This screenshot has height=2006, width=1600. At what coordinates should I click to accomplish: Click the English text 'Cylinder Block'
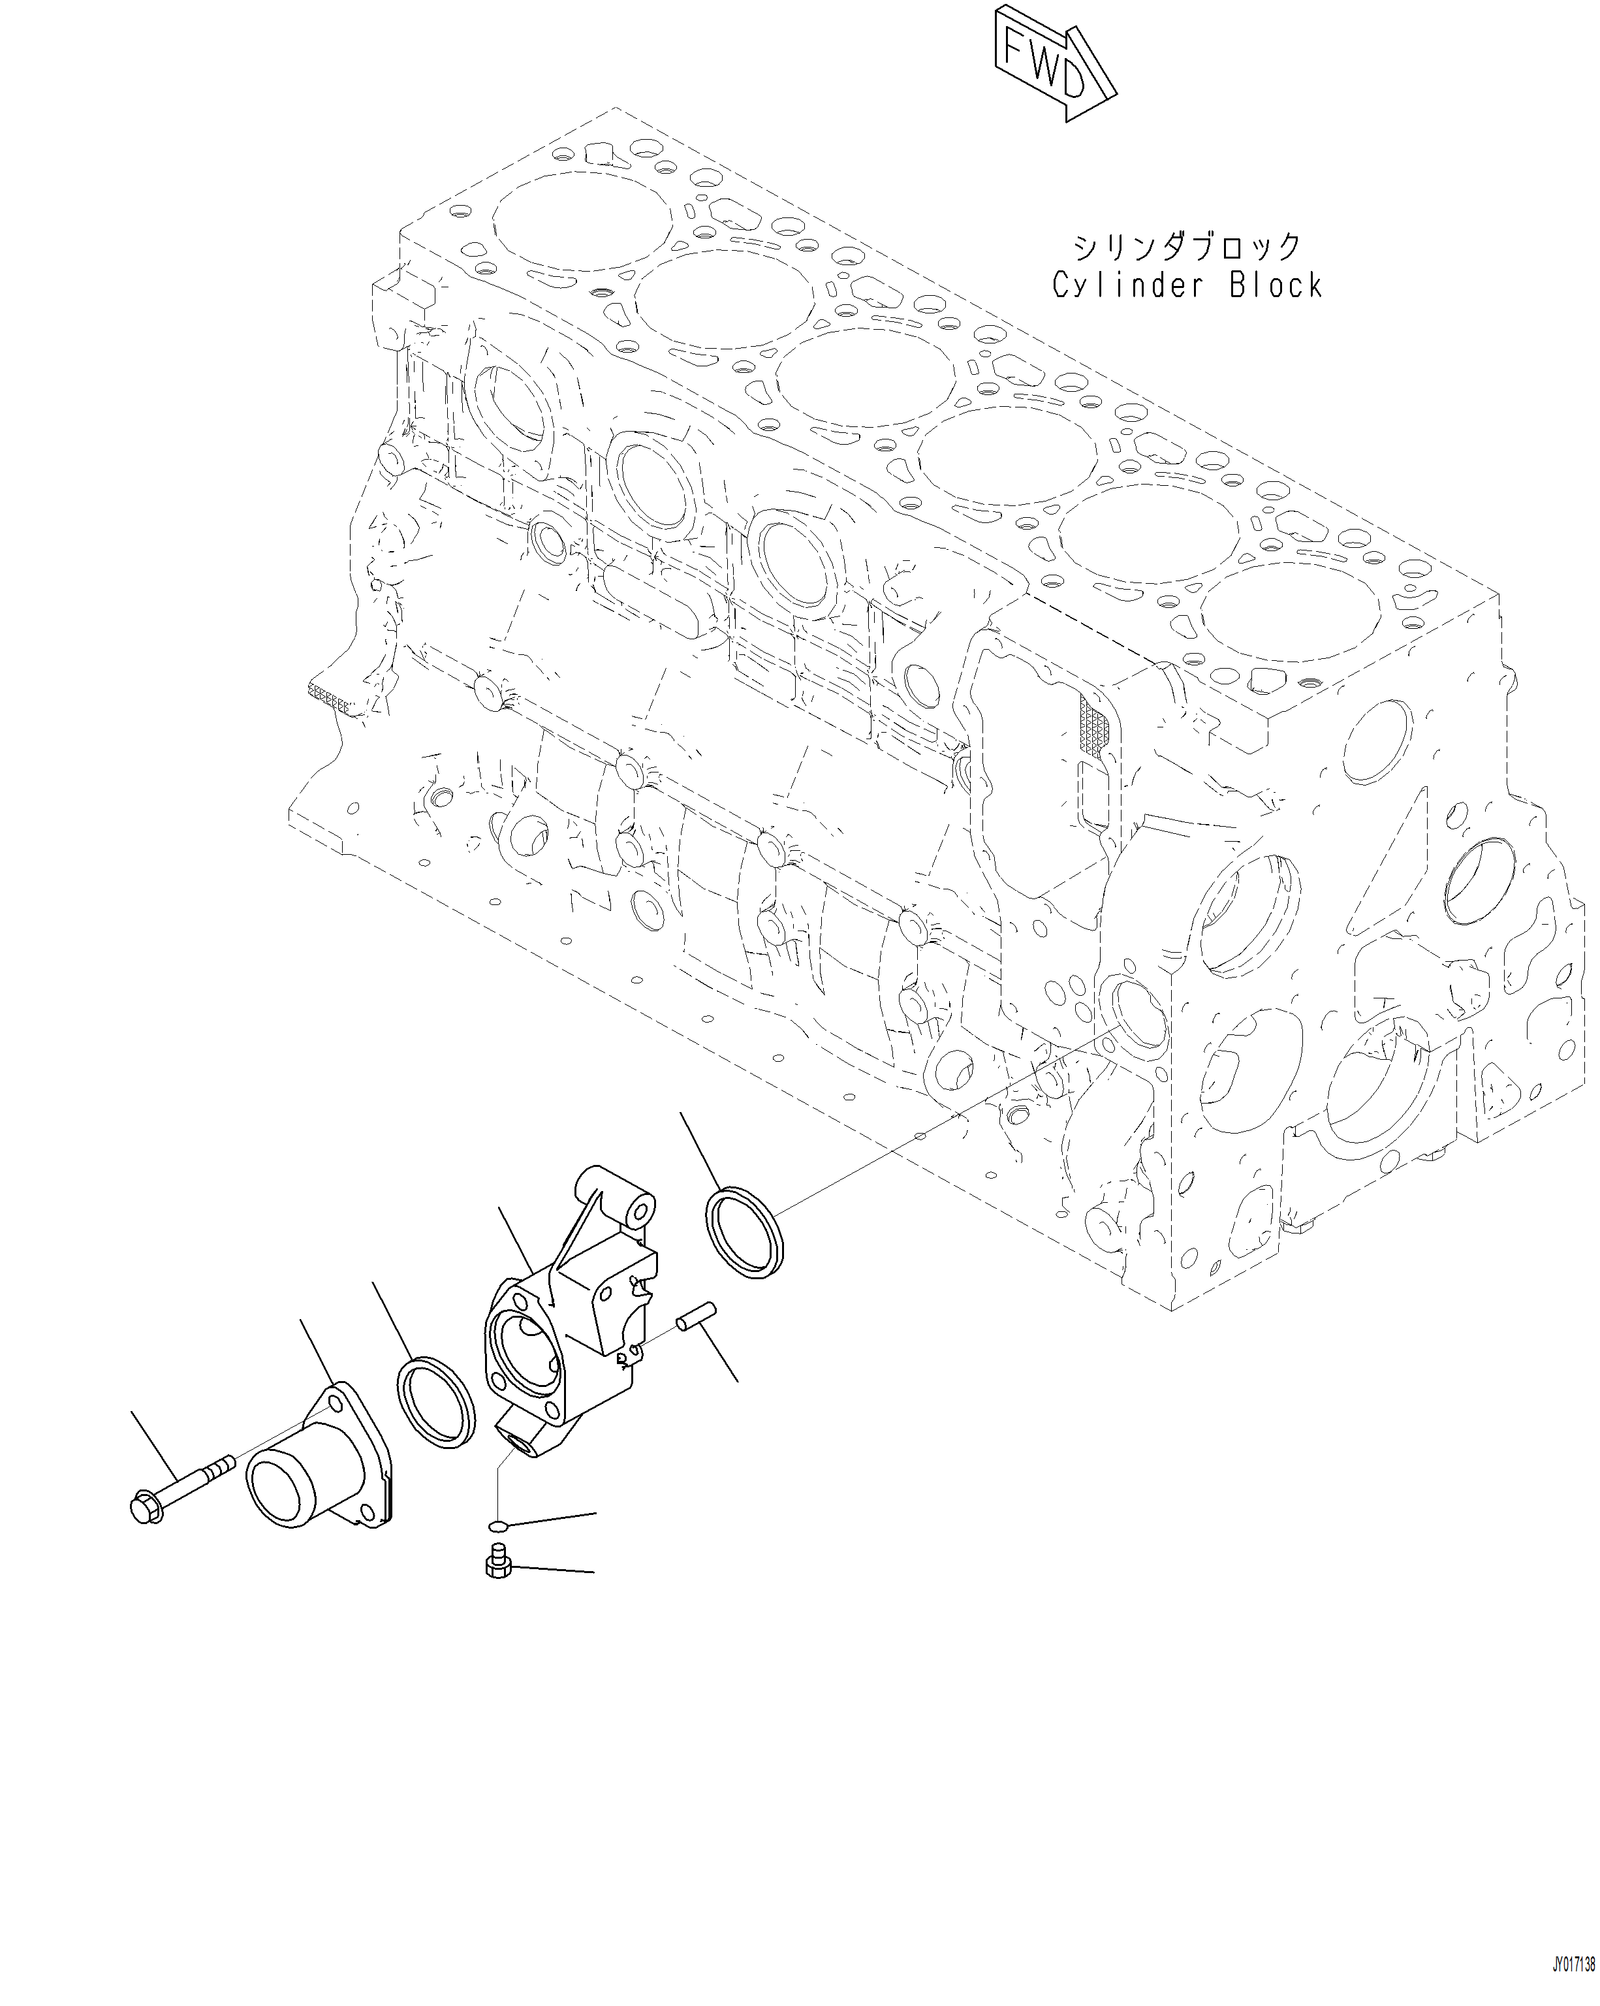pyautogui.click(x=1186, y=285)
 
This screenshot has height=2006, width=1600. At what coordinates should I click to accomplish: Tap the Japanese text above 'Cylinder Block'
pyautogui.click(x=1187, y=247)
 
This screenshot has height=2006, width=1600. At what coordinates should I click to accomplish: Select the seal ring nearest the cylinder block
pyautogui.click(x=744, y=1233)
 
